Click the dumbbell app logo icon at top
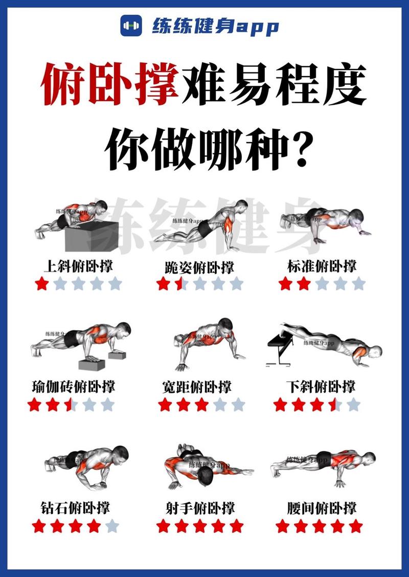tap(131, 25)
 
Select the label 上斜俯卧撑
tap(78, 266)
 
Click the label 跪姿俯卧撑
tap(199, 267)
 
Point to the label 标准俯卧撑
tap(322, 266)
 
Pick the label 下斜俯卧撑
tap(322, 386)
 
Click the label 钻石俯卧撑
tap(75, 507)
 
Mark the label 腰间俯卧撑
tap(322, 507)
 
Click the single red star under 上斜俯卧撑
tap(41, 283)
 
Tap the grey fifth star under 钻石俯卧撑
tap(112, 525)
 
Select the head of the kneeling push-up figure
tap(240, 205)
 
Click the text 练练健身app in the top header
tap(215, 26)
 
